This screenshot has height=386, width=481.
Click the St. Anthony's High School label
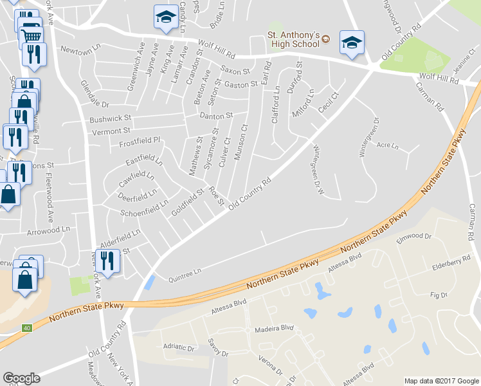293,39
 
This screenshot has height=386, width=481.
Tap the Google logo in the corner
21,378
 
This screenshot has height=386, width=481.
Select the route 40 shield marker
26,328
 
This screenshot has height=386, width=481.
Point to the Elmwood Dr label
414,236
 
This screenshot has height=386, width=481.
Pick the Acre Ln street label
388,146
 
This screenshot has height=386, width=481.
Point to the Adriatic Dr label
179,347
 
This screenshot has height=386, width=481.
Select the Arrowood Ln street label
48,230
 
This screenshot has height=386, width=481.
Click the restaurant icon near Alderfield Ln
107,261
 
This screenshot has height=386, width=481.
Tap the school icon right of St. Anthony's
351,43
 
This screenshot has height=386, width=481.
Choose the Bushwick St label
110,119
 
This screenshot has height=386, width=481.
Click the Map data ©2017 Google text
440,380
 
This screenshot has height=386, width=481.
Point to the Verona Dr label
271,371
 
